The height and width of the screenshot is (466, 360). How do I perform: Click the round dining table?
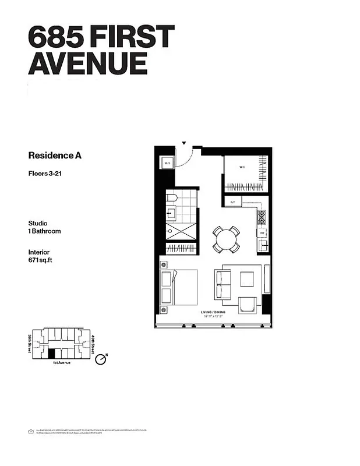tap(226, 238)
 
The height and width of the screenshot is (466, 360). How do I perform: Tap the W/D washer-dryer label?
tap(167, 164)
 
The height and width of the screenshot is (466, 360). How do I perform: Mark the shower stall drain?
tap(170, 232)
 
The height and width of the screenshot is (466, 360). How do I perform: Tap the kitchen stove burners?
tap(262, 217)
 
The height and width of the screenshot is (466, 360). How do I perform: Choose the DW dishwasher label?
tap(263, 232)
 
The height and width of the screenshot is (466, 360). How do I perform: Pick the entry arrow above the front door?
tap(184, 142)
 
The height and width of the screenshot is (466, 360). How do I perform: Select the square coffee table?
tap(246, 279)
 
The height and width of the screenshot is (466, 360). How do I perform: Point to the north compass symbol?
tap(100, 359)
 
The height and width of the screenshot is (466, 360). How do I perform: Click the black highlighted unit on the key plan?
tap(51, 353)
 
